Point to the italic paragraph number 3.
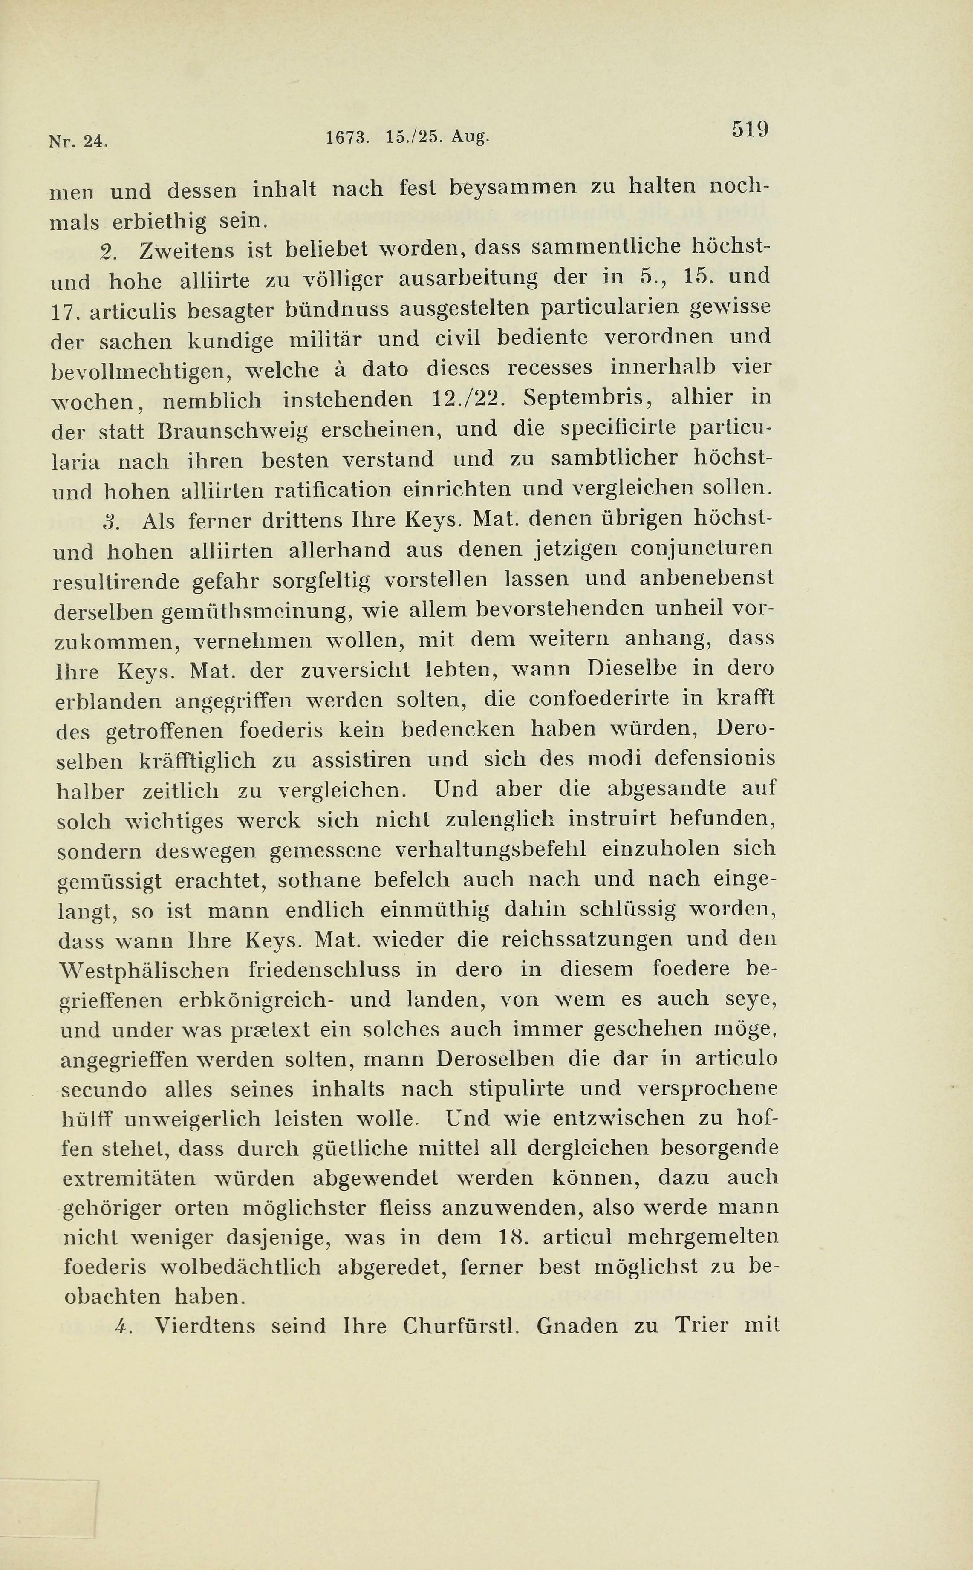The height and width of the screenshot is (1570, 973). pyautogui.click(x=111, y=522)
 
